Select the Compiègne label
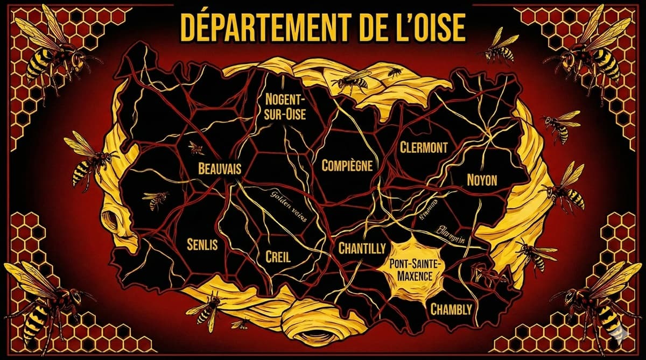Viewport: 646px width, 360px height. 347,166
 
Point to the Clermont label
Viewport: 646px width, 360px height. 424,147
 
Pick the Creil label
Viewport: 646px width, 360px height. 278,257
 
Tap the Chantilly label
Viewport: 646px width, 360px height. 362,248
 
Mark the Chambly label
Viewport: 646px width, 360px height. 451,309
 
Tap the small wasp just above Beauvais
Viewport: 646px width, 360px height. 196,147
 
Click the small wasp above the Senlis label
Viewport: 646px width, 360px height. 156,200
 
